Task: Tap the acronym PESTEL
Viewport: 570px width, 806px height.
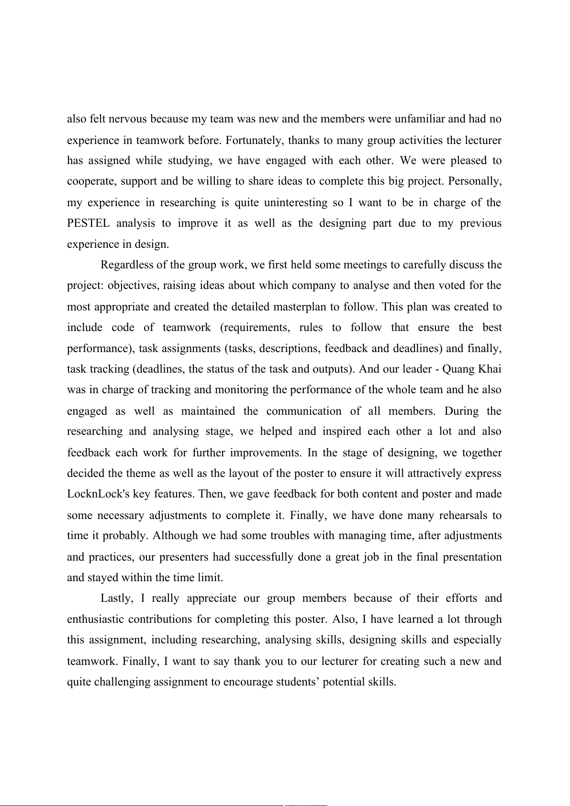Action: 88,223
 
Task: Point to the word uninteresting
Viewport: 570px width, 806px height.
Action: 296,203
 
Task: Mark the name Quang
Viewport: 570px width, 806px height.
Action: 458,369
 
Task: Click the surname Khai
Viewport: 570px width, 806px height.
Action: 490,369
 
